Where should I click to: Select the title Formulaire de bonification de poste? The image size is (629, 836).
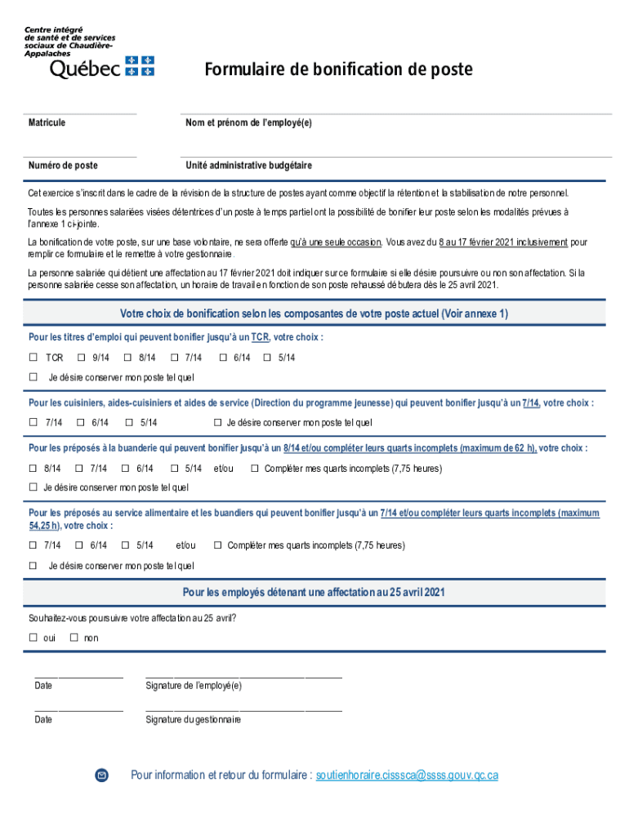coord(337,69)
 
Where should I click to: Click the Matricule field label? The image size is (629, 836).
coord(47,122)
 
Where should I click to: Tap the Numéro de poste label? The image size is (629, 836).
coord(63,166)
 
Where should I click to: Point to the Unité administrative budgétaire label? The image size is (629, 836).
coord(248,166)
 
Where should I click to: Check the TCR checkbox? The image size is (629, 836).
coord(33,358)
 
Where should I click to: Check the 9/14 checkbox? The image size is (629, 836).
coord(81,358)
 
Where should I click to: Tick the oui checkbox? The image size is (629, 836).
coord(33,638)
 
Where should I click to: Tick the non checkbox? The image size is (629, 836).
coord(74,638)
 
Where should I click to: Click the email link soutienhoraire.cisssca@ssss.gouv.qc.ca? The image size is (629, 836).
coord(407,775)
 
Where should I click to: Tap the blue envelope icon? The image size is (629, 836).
coord(101,775)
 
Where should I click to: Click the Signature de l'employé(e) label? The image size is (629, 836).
coord(194,686)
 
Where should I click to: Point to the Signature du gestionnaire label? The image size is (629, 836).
coord(193,720)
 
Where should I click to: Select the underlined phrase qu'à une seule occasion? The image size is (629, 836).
coord(336,242)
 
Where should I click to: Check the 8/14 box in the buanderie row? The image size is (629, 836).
coord(33,469)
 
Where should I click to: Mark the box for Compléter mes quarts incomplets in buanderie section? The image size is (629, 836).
coord(255,469)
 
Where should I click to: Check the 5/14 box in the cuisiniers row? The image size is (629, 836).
coord(129,423)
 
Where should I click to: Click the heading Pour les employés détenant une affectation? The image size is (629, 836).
coord(314,592)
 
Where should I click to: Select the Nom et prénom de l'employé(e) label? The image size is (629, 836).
coord(248,122)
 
